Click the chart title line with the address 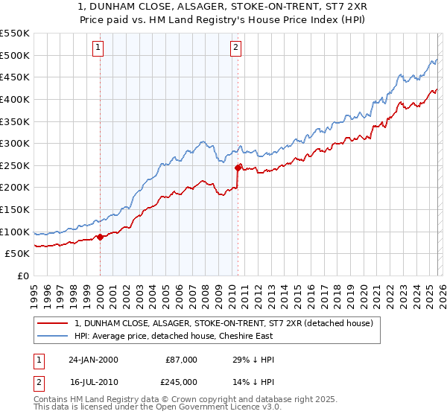pyautogui.click(x=223, y=6)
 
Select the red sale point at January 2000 pyautogui.click(x=101, y=238)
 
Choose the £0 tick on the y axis pyautogui.click(x=23, y=276)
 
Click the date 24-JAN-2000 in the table pyautogui.click(x=93, y=360)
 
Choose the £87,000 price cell pyautogui.click(x=181, y=360)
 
